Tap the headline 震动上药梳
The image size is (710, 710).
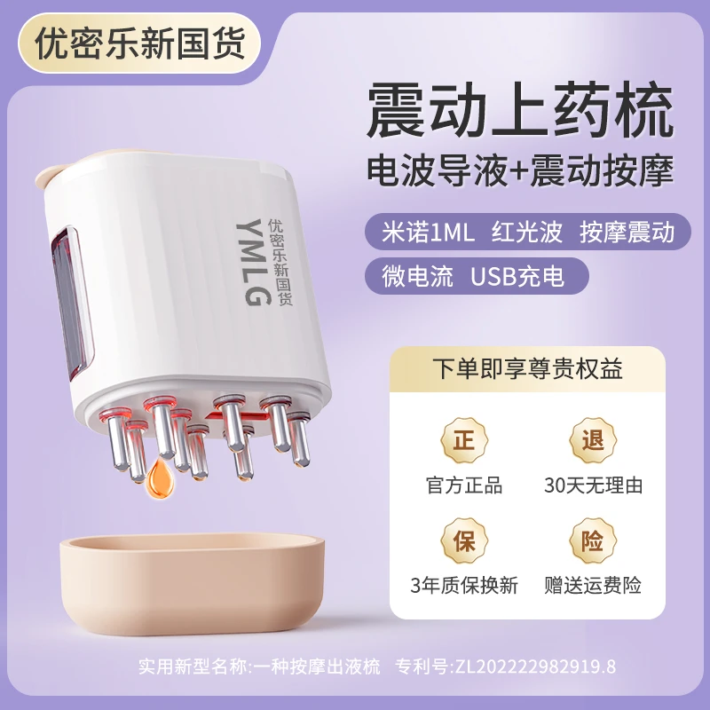coord(515,111)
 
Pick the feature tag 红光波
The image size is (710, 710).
coord(526,232)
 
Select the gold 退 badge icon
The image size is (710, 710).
coord(593,441)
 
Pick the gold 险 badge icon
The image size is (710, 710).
coord(593,541)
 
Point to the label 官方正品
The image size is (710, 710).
coord(464,485)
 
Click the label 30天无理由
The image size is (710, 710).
coord(593,485)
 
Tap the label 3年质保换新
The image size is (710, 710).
coord(464,586)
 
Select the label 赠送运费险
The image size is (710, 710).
coord(593,586)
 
